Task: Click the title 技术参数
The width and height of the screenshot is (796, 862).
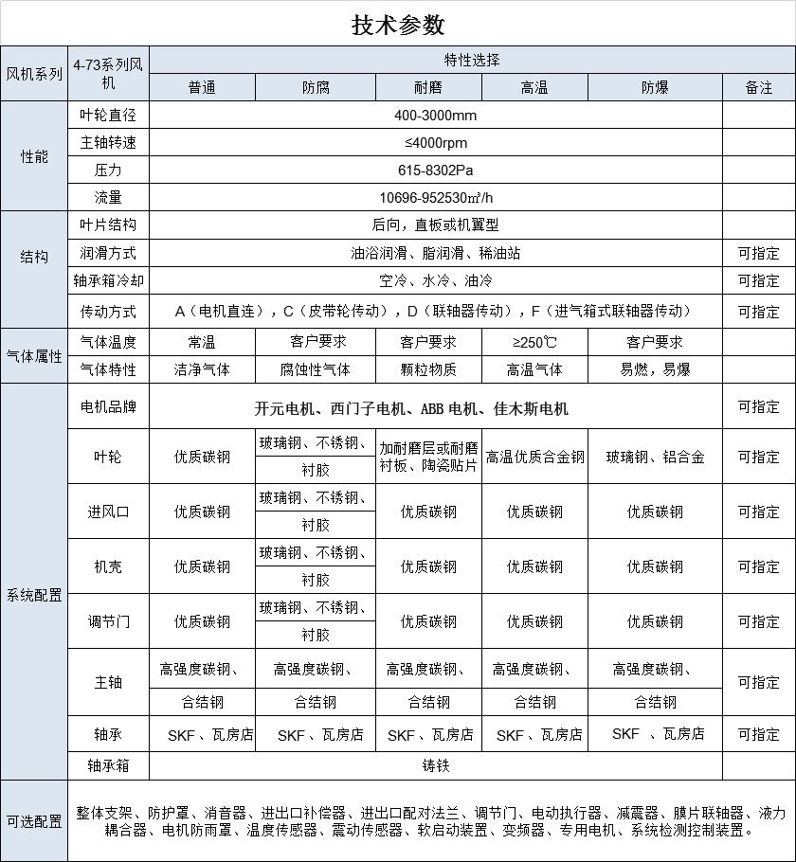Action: [x=397, y=25]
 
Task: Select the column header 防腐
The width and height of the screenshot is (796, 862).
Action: [x=316, y=87]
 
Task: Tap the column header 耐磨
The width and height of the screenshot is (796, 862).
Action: [x=428, y=87]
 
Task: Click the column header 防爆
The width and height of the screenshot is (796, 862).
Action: [x=655, y=87]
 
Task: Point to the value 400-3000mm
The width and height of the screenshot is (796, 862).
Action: [x=436, y=116]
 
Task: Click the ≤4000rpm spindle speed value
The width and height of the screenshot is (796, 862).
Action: [x=436, y=143]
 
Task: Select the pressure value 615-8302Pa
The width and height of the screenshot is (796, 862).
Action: [x=436, y=171]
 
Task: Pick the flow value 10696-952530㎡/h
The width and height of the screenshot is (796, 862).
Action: [x=436, y=198]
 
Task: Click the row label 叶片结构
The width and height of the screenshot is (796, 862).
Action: [x=108, y=225]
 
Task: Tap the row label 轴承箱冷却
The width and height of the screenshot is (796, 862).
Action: [x=108, y=281]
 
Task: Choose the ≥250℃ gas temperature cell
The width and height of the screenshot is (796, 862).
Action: [x=534, y=342]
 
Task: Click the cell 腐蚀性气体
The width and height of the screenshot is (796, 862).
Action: [x=316, y=369]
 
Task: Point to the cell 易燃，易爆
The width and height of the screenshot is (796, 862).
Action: [x=655, y=369]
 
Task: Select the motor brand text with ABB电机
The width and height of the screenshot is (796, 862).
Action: [x=411, y=409]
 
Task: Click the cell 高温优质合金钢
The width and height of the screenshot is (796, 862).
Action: [x=534, y=457]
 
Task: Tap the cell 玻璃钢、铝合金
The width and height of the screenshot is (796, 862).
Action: [x=655, y=457]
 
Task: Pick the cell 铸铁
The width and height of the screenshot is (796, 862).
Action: [x=436, y=764]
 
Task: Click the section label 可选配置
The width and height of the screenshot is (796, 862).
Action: [x=34, y=821]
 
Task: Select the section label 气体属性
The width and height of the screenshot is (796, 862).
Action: [x=34, y=356]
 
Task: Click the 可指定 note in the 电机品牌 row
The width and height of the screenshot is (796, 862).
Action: [x=759, y=406]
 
